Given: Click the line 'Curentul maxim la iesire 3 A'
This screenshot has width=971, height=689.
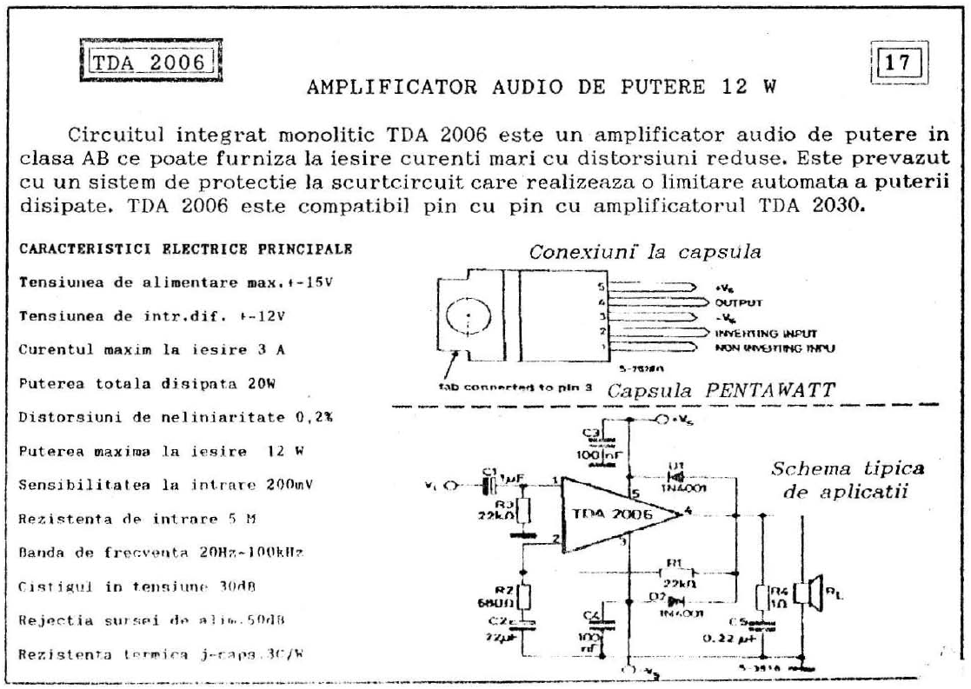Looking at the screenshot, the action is point(153,349).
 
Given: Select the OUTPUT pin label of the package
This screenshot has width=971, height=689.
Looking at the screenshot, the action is point(738,304).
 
